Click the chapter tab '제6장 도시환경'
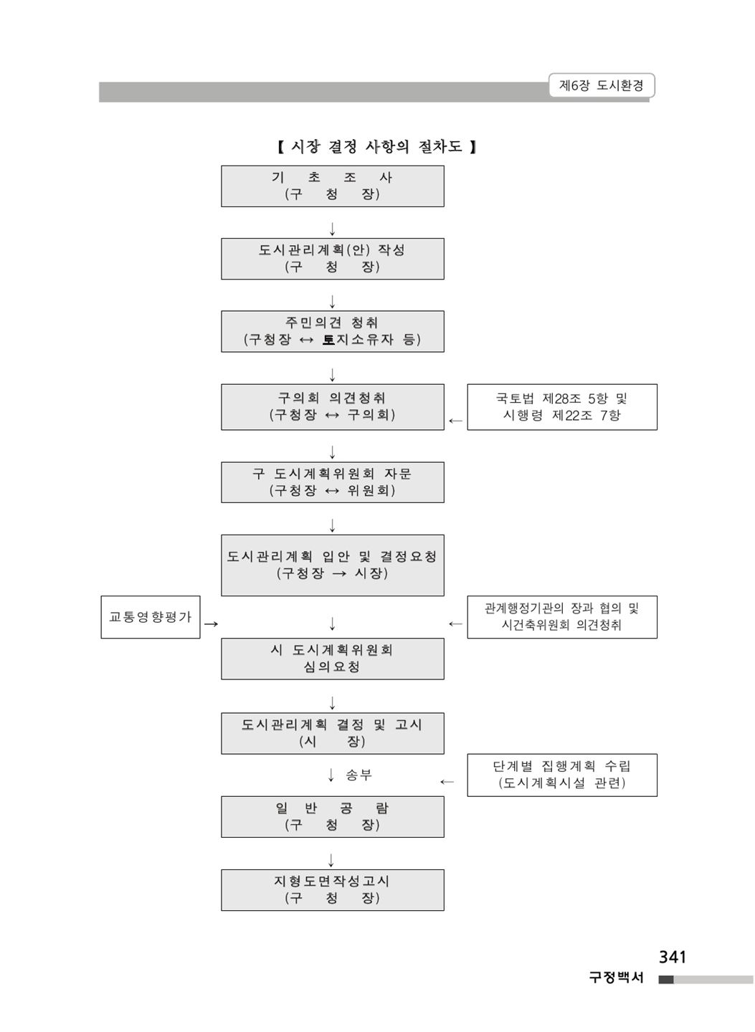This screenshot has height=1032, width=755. coord(601,85)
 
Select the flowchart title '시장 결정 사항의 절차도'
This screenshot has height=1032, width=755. coord(376,146)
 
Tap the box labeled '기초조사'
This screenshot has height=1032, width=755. coord(333,186)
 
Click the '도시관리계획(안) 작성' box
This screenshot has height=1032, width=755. coord(333,259)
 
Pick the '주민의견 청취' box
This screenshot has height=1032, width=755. coord(333,331)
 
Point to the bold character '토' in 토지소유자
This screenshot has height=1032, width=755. coord(328,340)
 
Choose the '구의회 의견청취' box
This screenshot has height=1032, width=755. coord(333,407)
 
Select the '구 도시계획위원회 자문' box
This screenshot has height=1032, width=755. coord(333,482)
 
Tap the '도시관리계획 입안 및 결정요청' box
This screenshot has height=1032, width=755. coord(333,565)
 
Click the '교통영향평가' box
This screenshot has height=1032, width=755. coord(151,617)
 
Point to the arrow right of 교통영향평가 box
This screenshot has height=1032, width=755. coord(211,623)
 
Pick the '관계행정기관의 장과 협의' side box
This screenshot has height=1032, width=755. coord(562,617)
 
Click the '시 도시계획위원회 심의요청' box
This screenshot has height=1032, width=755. coord(333,659)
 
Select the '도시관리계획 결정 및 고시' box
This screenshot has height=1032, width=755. coord(333,733)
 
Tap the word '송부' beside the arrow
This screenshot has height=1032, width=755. coord(358,775)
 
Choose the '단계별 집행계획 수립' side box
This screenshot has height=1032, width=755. coord(562,775)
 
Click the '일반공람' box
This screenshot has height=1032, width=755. coord(333,816)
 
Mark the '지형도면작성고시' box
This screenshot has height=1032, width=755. coord(333,889)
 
